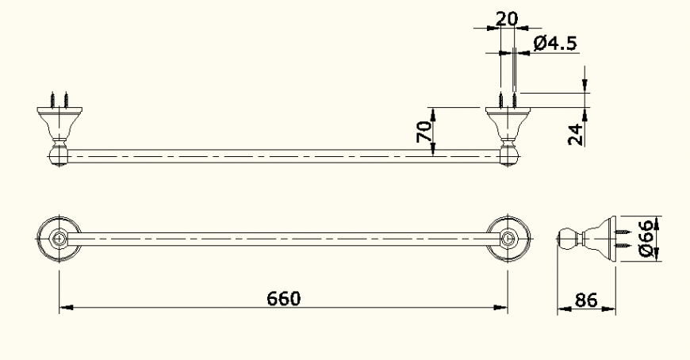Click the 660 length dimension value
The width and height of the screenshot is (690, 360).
tap(283, 298)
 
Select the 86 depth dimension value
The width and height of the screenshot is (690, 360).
tap(585, 300)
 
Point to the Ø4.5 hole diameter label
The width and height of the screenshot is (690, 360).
tap(554, 43)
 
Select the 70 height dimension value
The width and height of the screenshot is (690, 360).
tap(425, 131)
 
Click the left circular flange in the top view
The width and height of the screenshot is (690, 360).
tap(58, 239)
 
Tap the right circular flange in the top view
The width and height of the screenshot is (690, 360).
tap(508, 239)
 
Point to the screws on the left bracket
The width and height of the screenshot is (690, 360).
tap(58, 100)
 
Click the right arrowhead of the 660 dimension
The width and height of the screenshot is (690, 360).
tap(503, 307)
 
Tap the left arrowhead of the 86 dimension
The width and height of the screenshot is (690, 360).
tap(562, 308)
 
